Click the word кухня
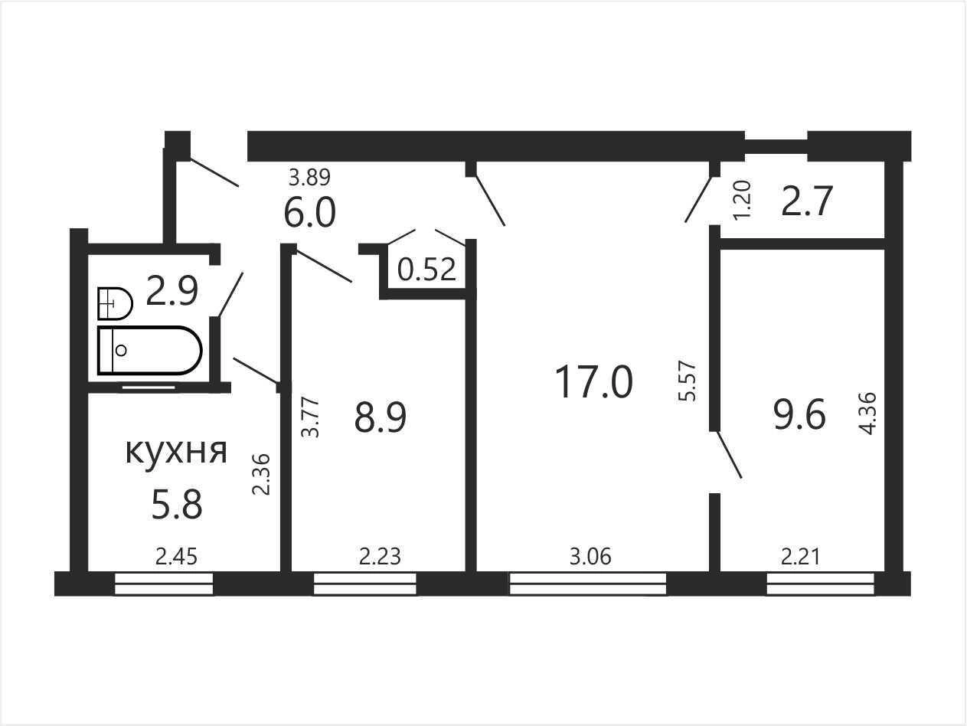pyautogui.click(x=176, y=452)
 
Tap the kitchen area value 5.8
pyautogui.click(x=177, y=505)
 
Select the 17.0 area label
pyautogui.click(x=594, y=382)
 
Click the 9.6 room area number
pyautogui.click(x=799, y=415)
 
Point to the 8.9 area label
pyautogui.click(x=381, y=417)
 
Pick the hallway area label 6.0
pyautogui.click(x=310, y=212)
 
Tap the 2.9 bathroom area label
pyautogui.click(x=172, y=290)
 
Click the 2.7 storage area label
pyautogui.click(x=807, y=201)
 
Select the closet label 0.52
pyautogui.click(x=426, y=269)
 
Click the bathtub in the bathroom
pyautogui.click(x=150, y=351)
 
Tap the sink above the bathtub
pyautogui.click(x=115, y=303)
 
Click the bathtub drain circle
pyautogui.click(x=121, y=351)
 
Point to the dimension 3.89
pyautogui.click(x=309, y=177)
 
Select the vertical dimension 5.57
pyautogui.click(x=688, y=381)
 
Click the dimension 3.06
pyautogui.click(x=590, y=557)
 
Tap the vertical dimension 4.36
pyautogui.click(x=868, y=414)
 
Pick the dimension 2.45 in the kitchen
pyautogui.click(x=176, y=557)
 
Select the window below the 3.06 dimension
pyautogui.click(x=588, y=584)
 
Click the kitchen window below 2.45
pyautogui.click(x=164, y=584)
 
